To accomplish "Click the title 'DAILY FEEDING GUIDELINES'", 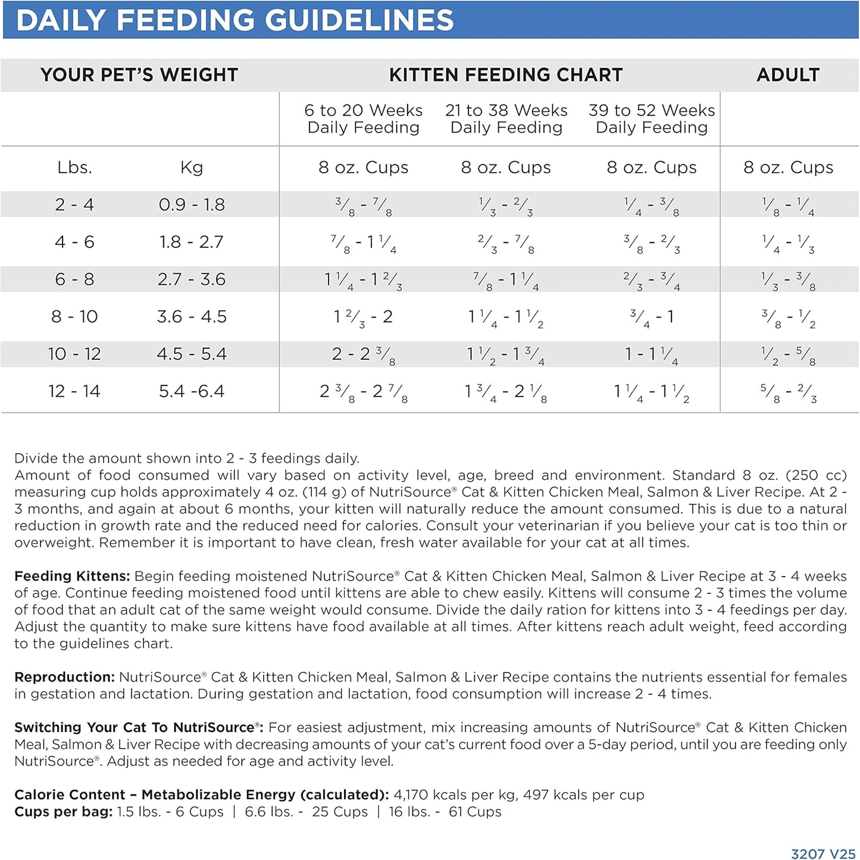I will point(234,20).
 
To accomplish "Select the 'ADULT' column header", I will point(788,75).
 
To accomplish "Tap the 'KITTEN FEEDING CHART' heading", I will point(506,75).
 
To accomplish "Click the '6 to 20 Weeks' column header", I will point(363,111).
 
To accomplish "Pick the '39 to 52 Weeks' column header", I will point(652,111).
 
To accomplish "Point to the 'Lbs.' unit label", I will point(74,168).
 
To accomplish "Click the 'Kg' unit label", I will point(192,168).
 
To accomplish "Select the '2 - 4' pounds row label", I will point(74,205).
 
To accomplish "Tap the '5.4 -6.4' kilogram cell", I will point(192,391).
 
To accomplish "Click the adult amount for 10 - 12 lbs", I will point(789,355).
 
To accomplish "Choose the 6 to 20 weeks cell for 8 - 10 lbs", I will point(363,317).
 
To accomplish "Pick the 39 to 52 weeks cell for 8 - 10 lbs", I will point(652,317).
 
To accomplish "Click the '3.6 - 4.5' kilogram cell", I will point(192,317).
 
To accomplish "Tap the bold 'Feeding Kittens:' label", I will point(72,576).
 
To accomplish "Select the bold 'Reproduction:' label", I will point(64,677).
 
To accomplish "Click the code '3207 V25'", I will point(823,854).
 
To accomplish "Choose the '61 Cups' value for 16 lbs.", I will point(475,812).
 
